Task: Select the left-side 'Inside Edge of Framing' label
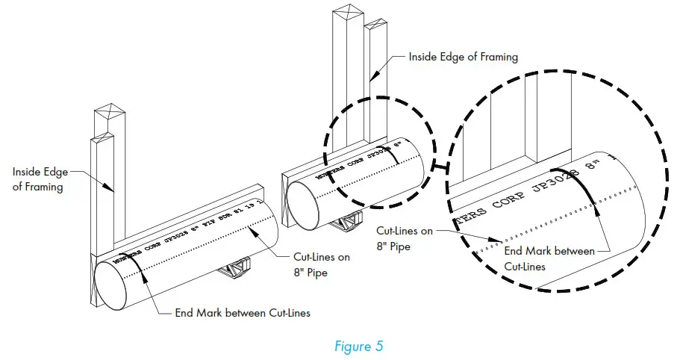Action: pyautogui.click(x=37, y=179)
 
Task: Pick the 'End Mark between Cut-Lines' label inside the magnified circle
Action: pyautogui.click(x=550, y=258)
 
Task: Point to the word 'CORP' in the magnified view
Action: pyautogui.click(x=508, y=196)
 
